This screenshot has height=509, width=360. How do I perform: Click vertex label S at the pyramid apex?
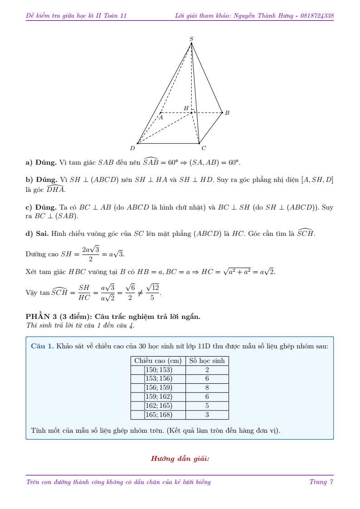(x=191, y=39)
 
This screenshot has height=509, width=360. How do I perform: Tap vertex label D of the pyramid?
(x=132, y=148)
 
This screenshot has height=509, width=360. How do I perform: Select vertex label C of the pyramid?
(x=204, y=148)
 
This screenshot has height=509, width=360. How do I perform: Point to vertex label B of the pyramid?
(x=227, y=113)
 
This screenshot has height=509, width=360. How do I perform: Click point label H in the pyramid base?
(x=186, y=108)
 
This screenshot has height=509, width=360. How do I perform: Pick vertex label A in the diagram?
(x=160, y=117)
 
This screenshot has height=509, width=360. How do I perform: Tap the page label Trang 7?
(x=321, y=482)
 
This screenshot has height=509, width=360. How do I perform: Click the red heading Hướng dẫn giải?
(x=180, y=459)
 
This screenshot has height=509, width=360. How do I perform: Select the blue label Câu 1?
(x=42, y=346)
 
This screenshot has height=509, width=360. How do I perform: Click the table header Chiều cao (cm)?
(x=158, y=361)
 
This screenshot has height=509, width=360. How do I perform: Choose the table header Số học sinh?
(x=207, y=361)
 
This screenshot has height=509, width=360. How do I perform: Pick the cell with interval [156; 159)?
(x=158, y=388)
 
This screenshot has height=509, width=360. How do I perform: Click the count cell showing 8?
(x=207, y=388)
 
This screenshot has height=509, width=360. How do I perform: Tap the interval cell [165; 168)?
(x=158, y=415)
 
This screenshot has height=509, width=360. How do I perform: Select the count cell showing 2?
(x=207, y=370)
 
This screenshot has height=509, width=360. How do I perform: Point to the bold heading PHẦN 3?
(x=44, y=317)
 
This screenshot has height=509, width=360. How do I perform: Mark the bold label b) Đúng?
(x=41, y=180)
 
